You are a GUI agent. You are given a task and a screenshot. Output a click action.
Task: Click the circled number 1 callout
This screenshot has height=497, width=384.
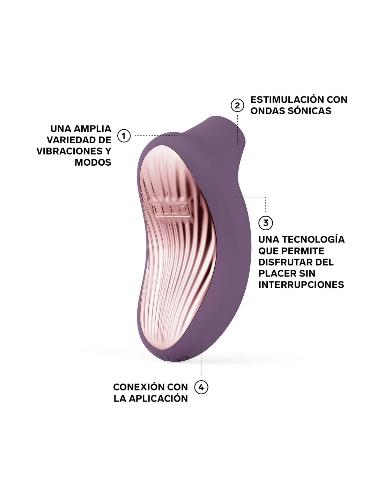point(124,136)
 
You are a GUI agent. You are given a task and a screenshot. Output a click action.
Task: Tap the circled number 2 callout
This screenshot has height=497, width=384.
point(237,106)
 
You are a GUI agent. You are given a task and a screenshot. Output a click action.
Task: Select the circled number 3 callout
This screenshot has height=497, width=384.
point(265,223)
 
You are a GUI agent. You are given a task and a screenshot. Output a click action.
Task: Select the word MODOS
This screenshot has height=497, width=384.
point(93,163)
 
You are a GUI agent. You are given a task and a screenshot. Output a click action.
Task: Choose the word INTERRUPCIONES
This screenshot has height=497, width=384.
point(301,285)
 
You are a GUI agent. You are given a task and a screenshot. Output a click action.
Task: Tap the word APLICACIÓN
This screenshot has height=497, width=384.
point(158,398)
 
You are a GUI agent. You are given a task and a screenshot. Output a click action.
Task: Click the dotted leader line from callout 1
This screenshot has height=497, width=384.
point(156,136)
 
